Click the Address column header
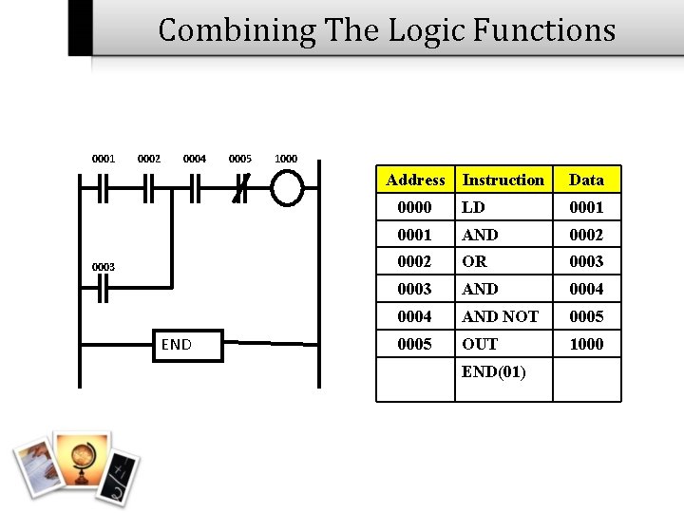pyautogui.click(x=415, y=180)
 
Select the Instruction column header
pyautogui.click(x=503, y=180)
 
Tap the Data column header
pyautogui.click(x=586, y=180)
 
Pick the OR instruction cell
pyautogui.click(x=474, y=261)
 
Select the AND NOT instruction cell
pyautogui.click(x=500, y=316)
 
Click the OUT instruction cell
pyautogui.click(x=479, y=344)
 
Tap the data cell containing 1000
pyautogui.click(x=586, y=344)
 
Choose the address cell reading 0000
pyautogui.click(x=415, y=207)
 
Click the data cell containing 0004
pyautogui.click(x=586, y=289)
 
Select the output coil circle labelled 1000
pyautogui.click(x=286, y=188)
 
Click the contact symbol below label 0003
pyautogui.click(x=102, y=291)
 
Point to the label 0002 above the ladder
pyautogui.click(x=149, y=159)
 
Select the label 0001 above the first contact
pyautogui.click(x=103, y=159)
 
